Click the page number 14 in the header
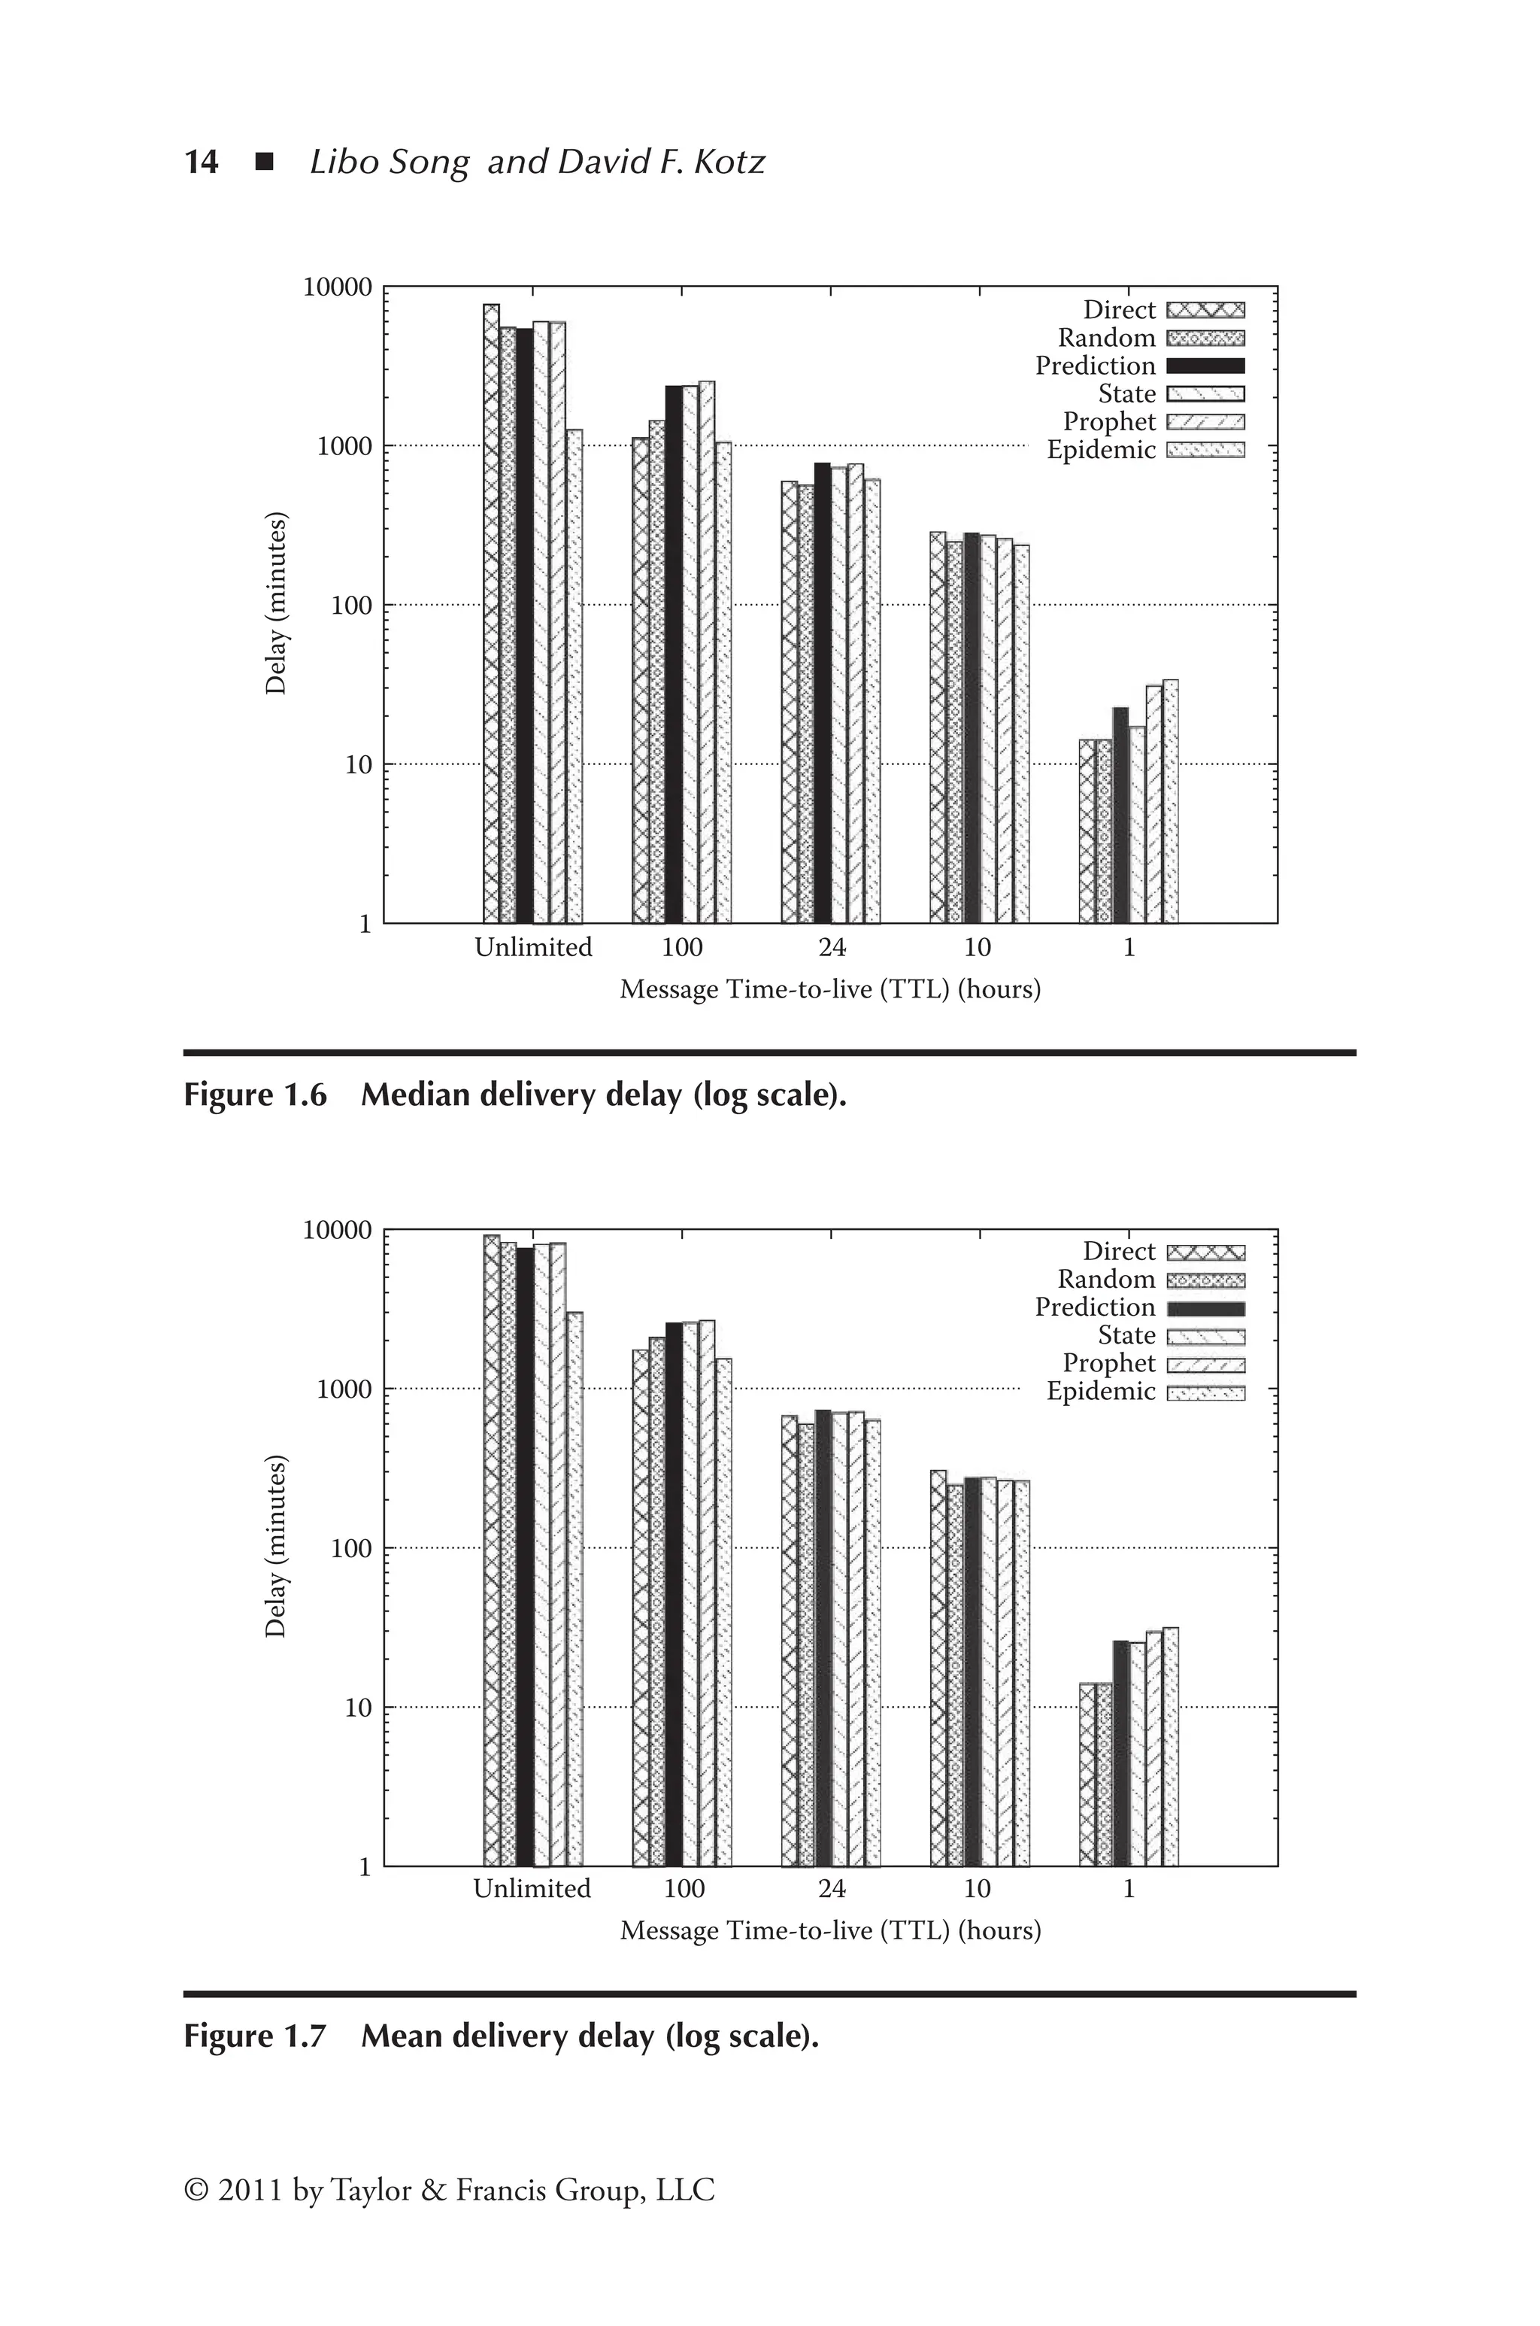click(202, 161)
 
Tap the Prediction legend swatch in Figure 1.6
click(1205, 366)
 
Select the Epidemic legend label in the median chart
click(1101, 450)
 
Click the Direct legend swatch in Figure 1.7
click(1205, 1253)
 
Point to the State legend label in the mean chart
click(1126, 1335)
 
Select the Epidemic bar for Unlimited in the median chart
click(574, 678)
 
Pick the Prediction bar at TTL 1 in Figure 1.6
click(1120, 815)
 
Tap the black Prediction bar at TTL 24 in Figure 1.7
click(823, 1641)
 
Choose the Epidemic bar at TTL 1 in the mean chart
click(1171, 1748)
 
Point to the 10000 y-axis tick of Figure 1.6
click(338, 287)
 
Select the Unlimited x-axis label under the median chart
click(533, 948)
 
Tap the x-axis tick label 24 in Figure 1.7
click(831, 1889)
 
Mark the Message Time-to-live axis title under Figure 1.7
click(830, 1931)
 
